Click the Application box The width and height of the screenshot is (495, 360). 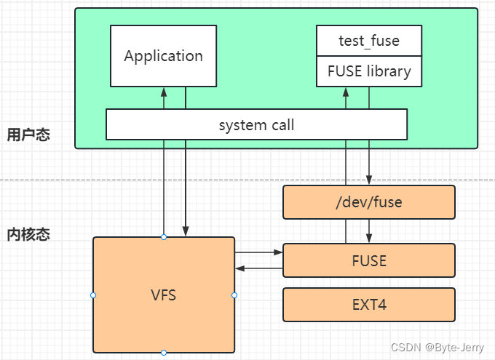[x=163, y=56]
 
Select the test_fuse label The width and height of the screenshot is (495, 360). [x=369, y=41]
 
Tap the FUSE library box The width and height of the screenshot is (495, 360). [x=369, y=71]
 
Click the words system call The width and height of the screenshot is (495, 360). [x=256, y=125]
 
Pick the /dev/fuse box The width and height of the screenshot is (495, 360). [x=368, y=202]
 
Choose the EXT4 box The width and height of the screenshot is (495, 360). [x=368, y=304]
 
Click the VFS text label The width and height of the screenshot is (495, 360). [x=164, y=295]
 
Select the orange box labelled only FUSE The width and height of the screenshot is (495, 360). [x=368, y=260]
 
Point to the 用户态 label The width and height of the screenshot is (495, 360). [x=29, y=135]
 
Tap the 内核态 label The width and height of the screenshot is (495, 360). [x=29, y=235]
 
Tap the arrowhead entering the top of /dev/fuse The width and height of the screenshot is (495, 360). [x=369, y=180]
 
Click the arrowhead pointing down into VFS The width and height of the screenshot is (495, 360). [x=186, y=232]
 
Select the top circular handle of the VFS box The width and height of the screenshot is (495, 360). [x=164, y=237]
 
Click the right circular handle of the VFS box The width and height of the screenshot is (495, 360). [x=234, y=295]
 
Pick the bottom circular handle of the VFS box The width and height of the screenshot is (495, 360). [x=164, y=353]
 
